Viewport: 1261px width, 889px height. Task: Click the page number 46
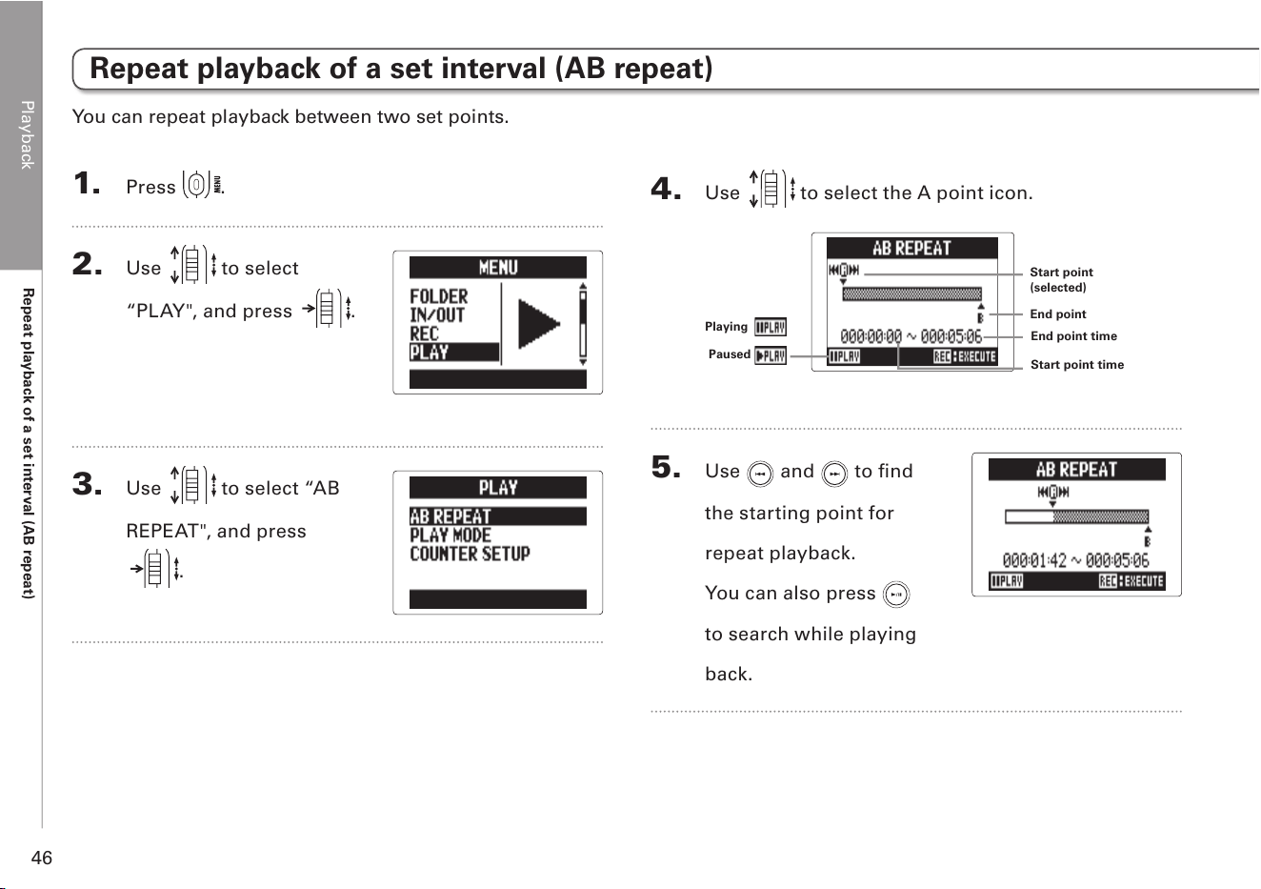click(41, 858)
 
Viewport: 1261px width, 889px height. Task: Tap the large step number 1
click(86, 183)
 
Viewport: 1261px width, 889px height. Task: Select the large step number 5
click(666, 467)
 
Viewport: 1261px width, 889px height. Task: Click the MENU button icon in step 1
click(202, 184)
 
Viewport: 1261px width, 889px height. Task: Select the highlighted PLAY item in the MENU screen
click(453, 353)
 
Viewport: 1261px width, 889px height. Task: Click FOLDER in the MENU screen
click(438, 296)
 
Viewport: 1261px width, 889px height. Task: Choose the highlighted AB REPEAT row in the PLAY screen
click(498, 516)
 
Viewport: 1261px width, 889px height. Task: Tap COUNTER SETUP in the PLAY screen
click(470, 554)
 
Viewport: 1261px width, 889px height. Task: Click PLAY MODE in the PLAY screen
click(450, 535)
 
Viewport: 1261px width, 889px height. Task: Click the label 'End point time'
click(1073, 336)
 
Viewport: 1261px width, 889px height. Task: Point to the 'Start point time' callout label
click(1077, 365)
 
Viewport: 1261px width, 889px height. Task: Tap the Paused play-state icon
click(771, 355)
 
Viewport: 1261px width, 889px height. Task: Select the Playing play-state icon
click(771, 327)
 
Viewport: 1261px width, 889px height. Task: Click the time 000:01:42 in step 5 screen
click(1034, 560)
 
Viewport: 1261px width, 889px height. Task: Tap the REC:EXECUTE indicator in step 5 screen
click(1131, 581)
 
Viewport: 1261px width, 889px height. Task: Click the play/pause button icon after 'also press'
click(896, 595)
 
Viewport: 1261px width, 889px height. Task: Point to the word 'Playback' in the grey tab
click(27, 135)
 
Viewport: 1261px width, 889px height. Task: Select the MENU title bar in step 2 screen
click(498, 268)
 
